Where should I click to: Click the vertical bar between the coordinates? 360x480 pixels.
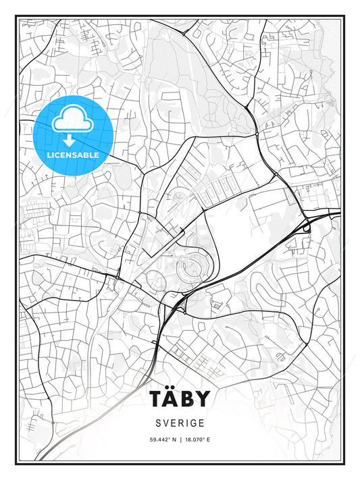point(180,440)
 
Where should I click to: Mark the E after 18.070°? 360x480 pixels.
point(209,440)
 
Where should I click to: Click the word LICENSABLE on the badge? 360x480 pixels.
point(73,155)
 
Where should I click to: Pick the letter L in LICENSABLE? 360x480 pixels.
point(49,155)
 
